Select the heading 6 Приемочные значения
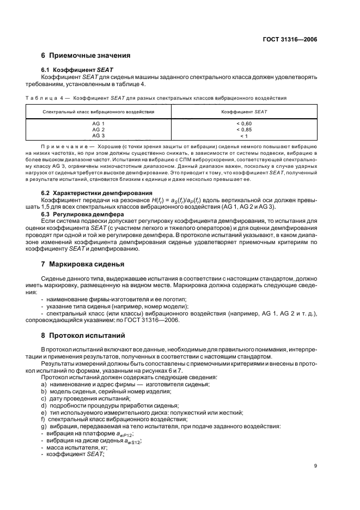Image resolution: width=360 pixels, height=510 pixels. click(x=86, y=56)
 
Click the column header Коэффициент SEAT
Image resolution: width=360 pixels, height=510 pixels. click(x=244, y=111)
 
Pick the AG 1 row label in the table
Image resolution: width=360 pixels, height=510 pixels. click(x=99, y=124)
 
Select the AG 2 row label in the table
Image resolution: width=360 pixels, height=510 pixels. click(x=99, y=129)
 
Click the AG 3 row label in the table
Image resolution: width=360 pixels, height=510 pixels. click(x=99, y=135)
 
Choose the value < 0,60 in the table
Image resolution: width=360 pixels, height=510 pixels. click(x=244, y=124)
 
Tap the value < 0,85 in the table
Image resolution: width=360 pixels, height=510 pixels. click(x=244, y=129)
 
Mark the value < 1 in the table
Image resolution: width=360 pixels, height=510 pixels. click(x=244, y=135)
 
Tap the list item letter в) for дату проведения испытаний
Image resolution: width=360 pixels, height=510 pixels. click(x=44, y=399)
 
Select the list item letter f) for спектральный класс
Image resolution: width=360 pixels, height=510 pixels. click(x=44, y=419)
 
